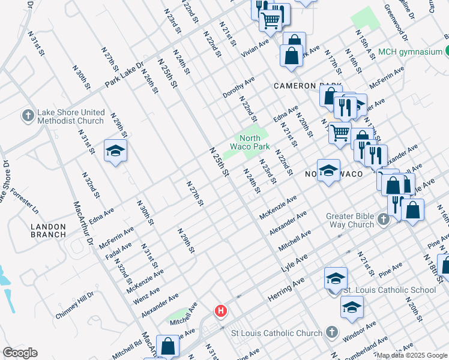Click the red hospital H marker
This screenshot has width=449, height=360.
221,311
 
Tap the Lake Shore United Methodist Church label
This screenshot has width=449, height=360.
70,117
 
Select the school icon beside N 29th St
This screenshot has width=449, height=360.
115,151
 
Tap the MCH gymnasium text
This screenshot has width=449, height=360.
411,52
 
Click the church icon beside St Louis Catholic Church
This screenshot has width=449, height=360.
331,332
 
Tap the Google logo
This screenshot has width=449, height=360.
20,352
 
